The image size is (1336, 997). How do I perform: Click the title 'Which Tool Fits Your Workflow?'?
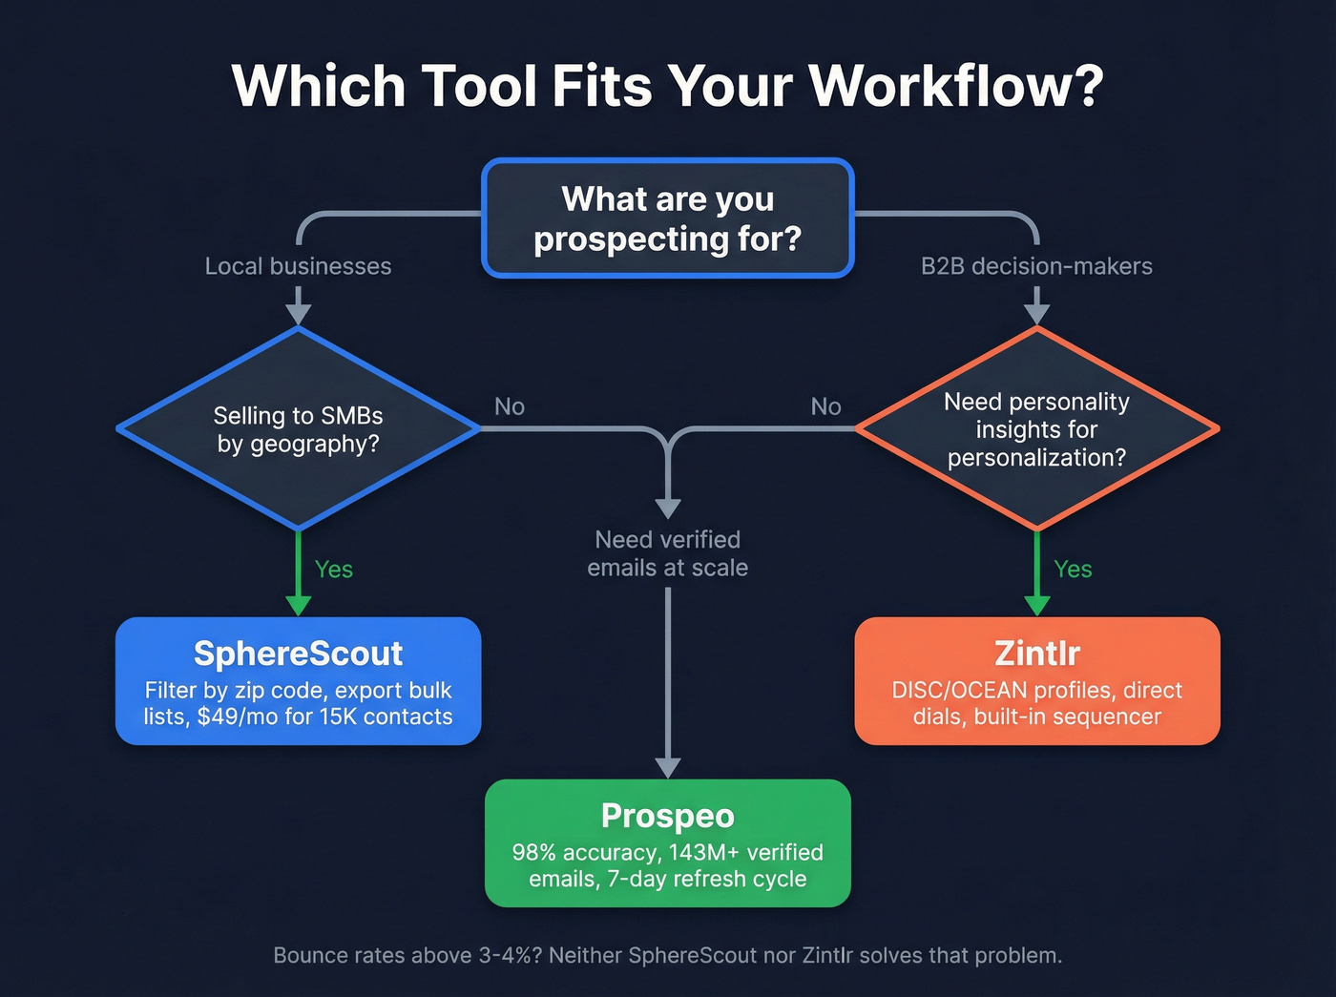(667, 86)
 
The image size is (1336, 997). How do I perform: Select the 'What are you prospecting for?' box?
(667, 218)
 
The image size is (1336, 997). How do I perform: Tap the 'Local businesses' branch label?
(298, 266)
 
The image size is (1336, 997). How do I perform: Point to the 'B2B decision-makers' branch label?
(1036, 266)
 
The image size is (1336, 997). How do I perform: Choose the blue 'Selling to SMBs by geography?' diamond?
(298, 429)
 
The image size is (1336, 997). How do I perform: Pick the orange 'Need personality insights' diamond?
(1036, 429)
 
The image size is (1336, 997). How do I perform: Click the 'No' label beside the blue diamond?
(510, 407)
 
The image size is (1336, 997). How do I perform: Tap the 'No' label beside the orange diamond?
(825, 407)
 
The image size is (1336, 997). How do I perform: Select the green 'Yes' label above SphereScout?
(334, 570)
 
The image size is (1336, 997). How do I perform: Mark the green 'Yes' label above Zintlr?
(1073, 570)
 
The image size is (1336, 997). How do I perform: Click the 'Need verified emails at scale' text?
(667, 553)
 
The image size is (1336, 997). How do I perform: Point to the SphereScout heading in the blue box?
(298, 654)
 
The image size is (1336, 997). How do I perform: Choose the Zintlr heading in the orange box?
(1036, 654)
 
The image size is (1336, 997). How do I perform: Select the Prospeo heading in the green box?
(667, 816)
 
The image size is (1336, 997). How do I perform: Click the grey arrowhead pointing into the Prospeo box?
(667, 768)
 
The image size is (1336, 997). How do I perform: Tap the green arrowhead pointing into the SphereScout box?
(298, 605)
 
